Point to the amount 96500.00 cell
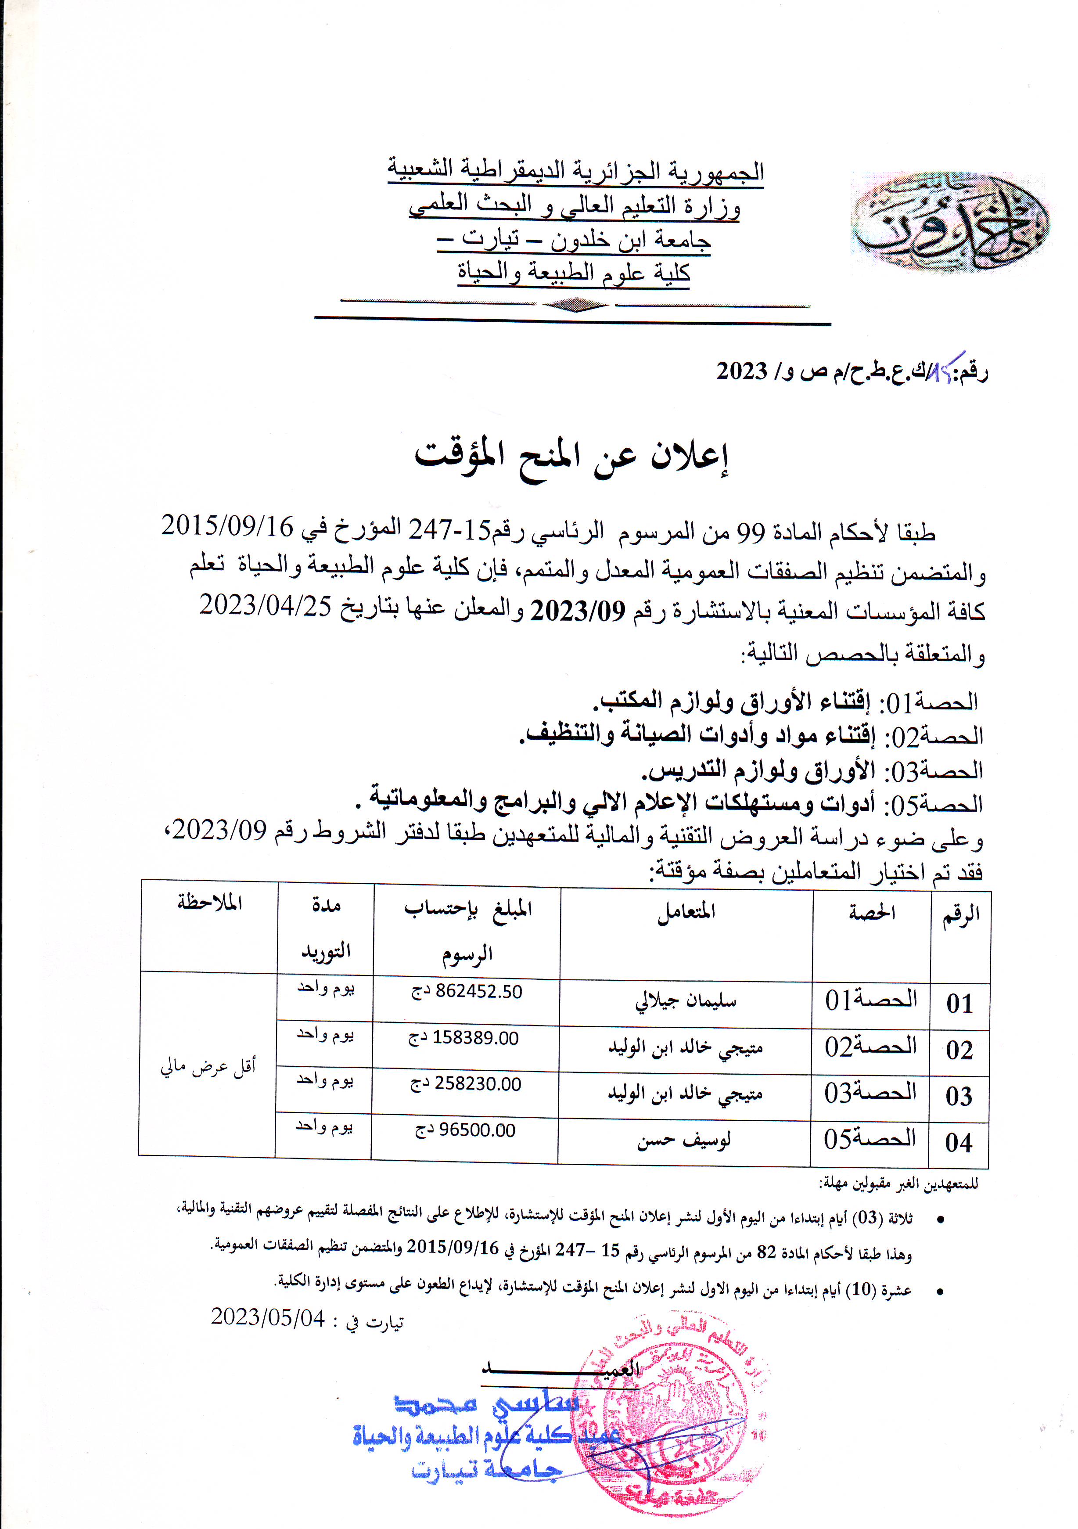coord(465,1130)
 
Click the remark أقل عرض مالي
coord(208,1067)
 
